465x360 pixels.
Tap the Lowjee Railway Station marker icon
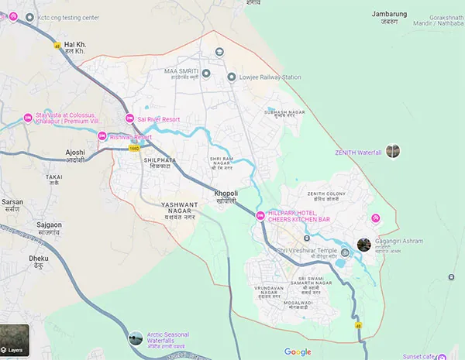pyautogui.click(x=231, y=77)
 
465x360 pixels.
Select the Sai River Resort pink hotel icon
pyautogui.click(x=129, y=118)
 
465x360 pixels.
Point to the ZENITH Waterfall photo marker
pyautogui.click(x=394, y=152)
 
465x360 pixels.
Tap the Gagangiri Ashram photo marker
pyautogui.click(x=363, y=245)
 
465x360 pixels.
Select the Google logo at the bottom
pyautogui.click(x=298, y=351)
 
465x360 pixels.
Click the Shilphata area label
pyautogui.click(x=139, y=163)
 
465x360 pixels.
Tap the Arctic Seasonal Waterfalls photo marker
pyautogui.click(x=136, y=338)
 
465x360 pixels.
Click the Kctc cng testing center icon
pyautogui.click(x=29, y=17)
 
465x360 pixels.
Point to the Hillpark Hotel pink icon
pyautogui.click(x=260, y=215)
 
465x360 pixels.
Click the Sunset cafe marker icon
pyautogui.click(x=440, y=355)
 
